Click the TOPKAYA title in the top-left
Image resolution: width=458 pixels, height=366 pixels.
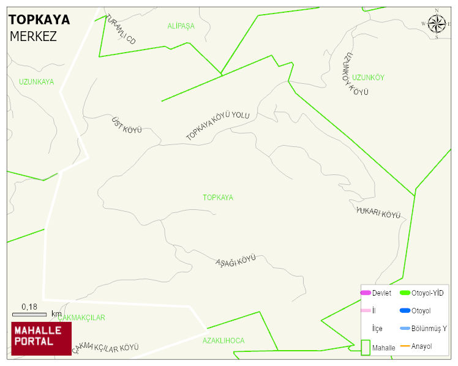point(39,20)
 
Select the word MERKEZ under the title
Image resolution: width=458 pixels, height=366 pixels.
point(33,37)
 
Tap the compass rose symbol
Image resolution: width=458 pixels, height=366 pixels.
point(436,24)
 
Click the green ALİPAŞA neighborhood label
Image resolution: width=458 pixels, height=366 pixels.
point(181,26)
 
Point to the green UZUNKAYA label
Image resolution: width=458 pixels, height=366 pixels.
point(36,81)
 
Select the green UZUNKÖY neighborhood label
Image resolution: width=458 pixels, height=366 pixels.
point(368,77)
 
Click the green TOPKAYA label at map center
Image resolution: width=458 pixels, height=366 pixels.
point(218,198)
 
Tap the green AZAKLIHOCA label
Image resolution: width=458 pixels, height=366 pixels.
point(223,340)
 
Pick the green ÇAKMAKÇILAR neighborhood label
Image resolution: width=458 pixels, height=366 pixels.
point(81,318)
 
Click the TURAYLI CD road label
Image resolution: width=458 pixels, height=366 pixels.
point(121,29)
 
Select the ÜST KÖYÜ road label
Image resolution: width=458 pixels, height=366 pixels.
point(127,125)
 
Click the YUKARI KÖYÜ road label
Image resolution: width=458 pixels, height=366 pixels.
point(378,213)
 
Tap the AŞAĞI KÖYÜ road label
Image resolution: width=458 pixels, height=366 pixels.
point(236,261)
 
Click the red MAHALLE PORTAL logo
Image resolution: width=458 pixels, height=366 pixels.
point(41,338)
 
